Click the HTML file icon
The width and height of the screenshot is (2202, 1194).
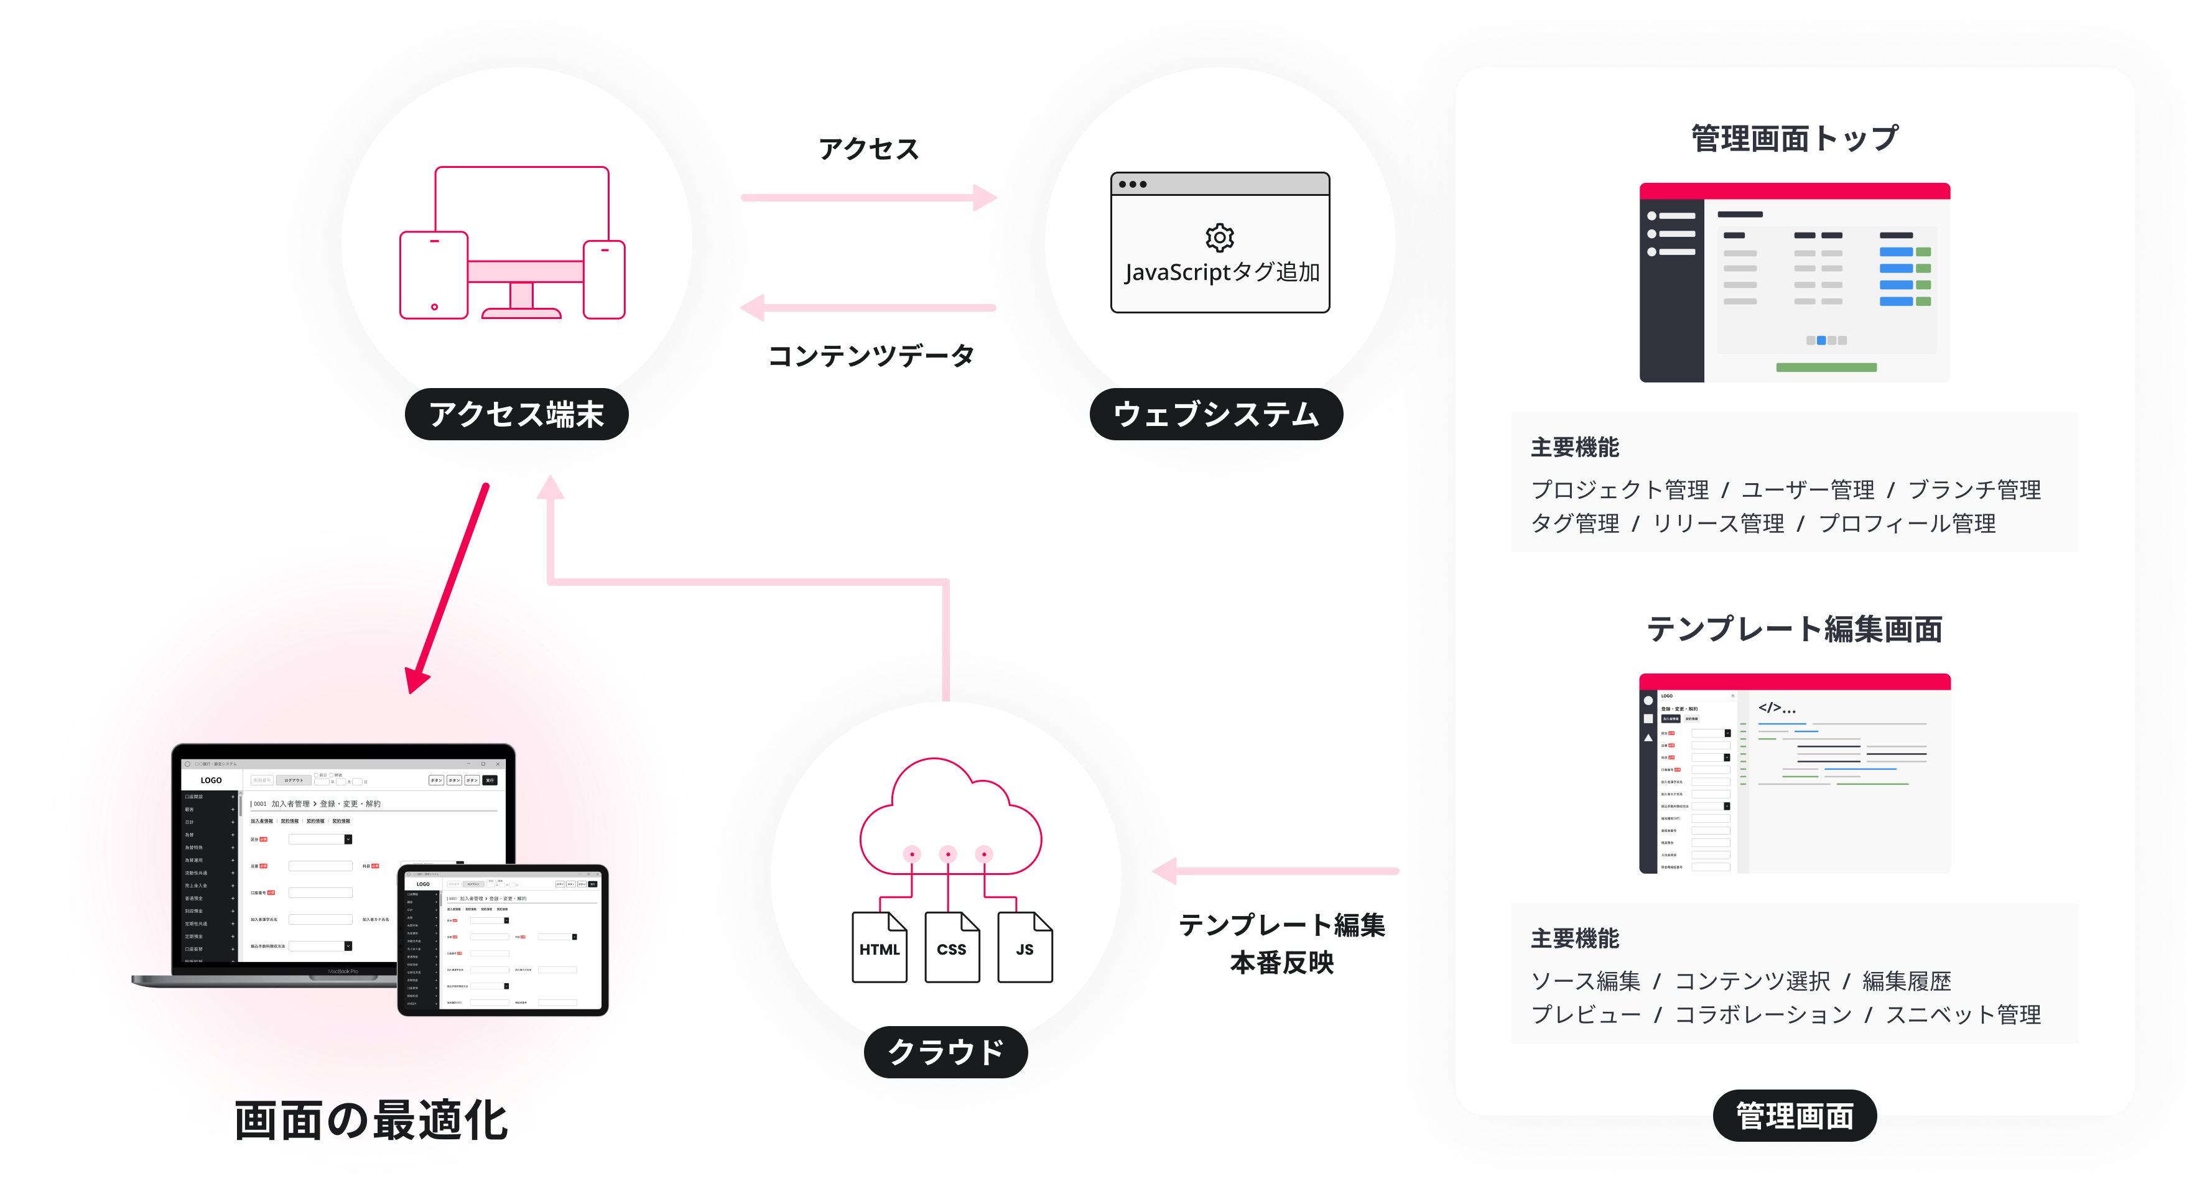[x=879, y=947]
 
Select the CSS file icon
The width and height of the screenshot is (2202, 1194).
[x=952, y=947]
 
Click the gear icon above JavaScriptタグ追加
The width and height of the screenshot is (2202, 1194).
[x=1220, y=237]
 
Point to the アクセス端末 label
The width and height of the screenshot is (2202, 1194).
[x=516, y=415]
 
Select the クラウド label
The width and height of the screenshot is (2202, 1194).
[x=946, y=1051]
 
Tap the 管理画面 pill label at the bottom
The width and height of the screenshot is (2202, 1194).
[x=1794, y=1116]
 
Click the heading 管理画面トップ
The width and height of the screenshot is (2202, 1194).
[x=1794, y=139]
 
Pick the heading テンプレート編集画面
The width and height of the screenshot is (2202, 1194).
[x=1794, y=629]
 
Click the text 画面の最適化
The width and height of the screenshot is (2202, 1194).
[x=371, y=1121]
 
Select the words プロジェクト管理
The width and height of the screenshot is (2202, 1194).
[x=1619, y=490]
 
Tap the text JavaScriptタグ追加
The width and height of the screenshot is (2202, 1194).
[x=1222, y=272]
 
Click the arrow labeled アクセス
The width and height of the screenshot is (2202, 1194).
[x=868, y=197]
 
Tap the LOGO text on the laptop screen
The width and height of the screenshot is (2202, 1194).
[x=211, y=780]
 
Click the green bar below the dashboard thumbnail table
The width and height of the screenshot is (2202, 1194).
[x=1826, y=368]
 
